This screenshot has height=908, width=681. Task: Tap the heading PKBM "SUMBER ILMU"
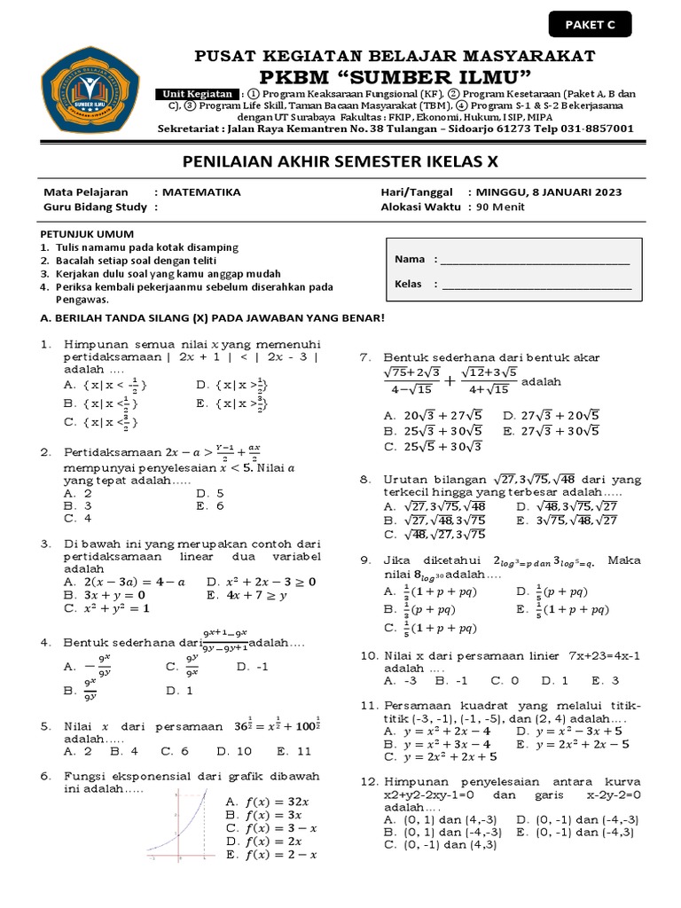point(396,74)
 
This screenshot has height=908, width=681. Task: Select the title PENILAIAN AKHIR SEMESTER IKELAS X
point(340,162)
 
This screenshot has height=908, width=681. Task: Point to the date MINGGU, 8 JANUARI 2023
point(549,192)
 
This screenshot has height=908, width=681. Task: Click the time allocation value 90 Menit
point(500,207)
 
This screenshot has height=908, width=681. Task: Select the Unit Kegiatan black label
point(200,94)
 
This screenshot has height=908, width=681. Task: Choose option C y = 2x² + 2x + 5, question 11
point(440,757)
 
